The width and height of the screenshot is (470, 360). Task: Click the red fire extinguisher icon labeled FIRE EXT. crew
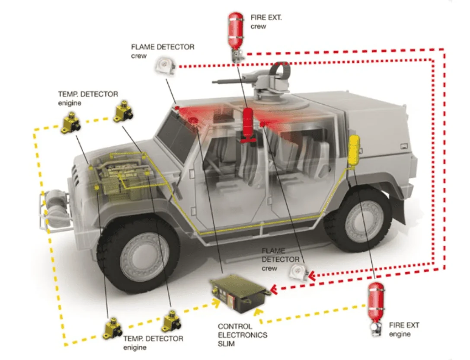[235, 32]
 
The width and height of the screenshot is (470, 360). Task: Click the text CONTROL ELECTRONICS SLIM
[242, 334]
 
